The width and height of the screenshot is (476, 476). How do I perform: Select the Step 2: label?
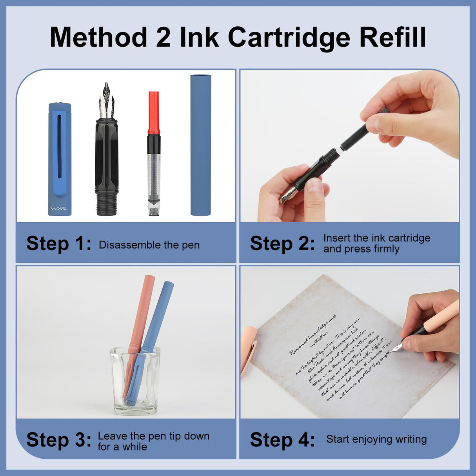tap(282, 243)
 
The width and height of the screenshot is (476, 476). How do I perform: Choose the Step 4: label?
tap(282, 440)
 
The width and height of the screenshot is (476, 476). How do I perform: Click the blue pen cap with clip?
tap(60, 157)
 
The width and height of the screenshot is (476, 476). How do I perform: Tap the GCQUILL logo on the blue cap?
tap(59, 209)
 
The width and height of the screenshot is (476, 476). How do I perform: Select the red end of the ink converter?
tap(154, 112)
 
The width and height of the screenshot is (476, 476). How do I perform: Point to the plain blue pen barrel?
tap(201, 145)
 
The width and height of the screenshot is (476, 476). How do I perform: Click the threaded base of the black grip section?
tap(107, 204)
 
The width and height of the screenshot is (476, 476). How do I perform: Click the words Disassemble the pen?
tap(149, 245)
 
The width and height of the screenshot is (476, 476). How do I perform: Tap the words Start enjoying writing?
tap(376, 439)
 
